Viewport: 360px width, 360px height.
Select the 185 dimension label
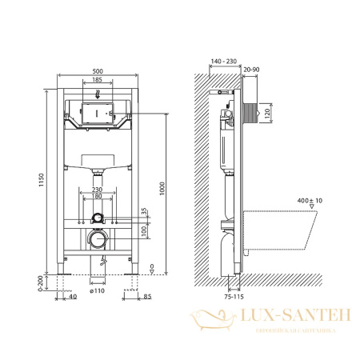[x=96, y=81]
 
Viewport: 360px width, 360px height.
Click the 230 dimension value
[x=96, y=189]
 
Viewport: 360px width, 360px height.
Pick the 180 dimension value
[x=96, y=196]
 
